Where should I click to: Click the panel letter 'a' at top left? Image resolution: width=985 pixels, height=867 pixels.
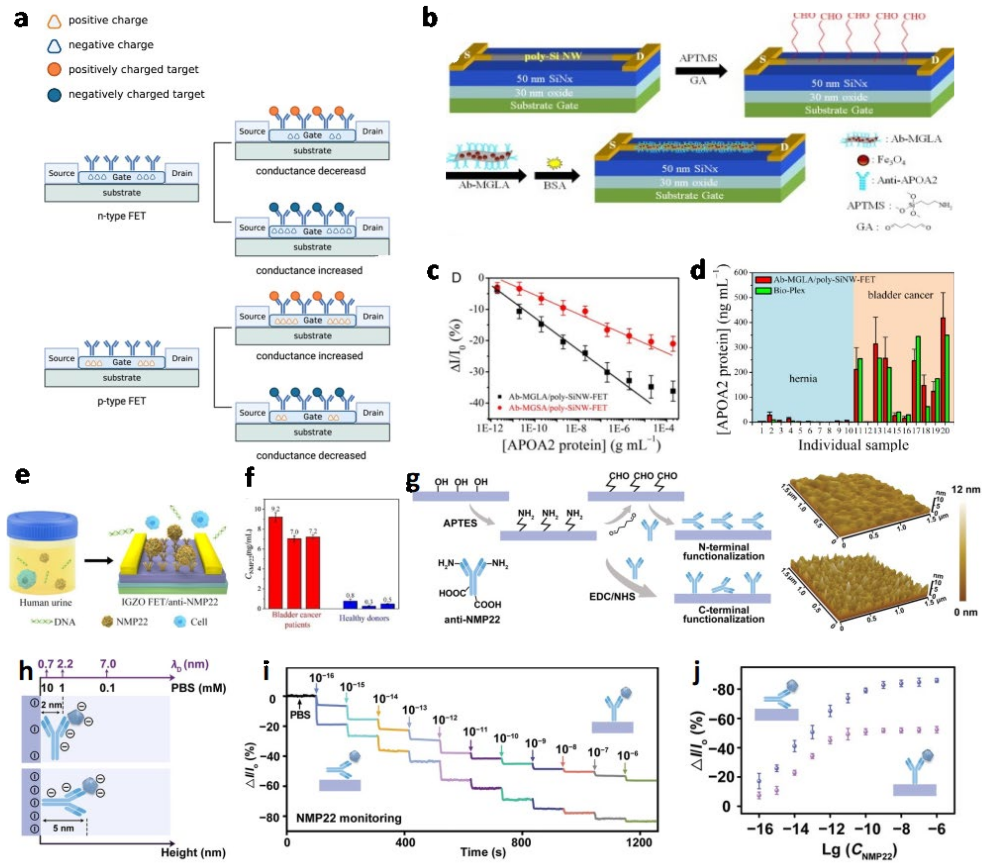pos(21,20)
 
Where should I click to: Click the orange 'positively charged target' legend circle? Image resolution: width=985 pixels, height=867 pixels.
pos(54,70)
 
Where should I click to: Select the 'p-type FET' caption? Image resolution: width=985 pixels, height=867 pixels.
pos(122,401)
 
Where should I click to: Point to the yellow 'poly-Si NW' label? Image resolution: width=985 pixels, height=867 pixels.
pos(552,56)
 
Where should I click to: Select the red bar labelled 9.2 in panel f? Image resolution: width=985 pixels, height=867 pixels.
pos(275,562)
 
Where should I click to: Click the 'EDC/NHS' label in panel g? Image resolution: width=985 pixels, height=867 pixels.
pos(612,596)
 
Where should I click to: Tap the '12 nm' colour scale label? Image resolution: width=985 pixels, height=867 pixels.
pos(965,489)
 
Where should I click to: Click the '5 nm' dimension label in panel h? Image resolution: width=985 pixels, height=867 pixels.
pos(63,828)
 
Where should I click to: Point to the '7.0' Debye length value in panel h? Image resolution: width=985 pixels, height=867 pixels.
pos(108,664)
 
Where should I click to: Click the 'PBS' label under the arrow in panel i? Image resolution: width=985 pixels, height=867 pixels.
pos(300,715)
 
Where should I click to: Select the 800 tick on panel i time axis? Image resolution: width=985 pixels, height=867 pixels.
pos(520,842)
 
